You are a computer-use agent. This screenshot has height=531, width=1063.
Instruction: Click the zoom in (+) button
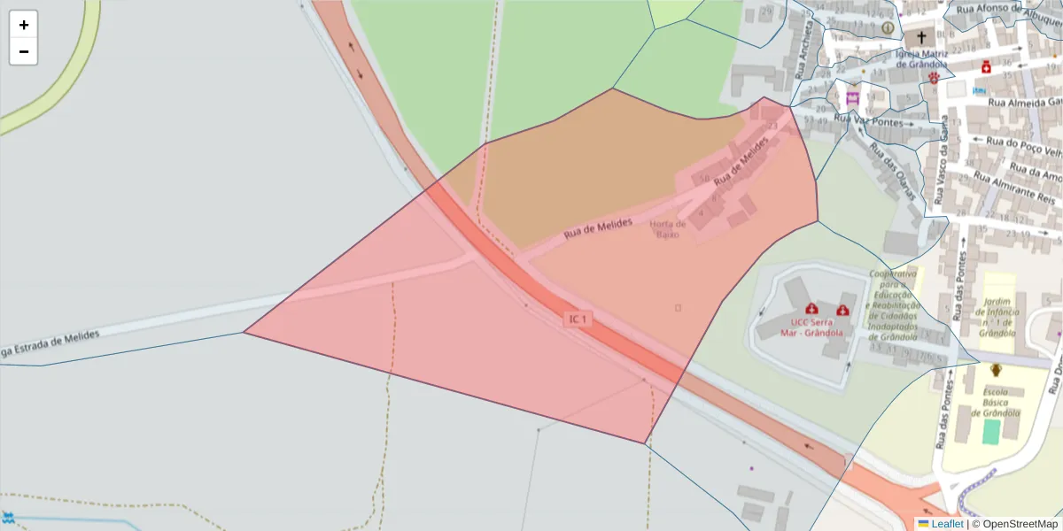(24, 25)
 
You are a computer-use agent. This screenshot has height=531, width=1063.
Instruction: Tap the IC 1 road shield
(578, 319)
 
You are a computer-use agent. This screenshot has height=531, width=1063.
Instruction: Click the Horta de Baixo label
(668, 229)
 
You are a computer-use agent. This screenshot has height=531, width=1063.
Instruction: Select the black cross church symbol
(921, 38)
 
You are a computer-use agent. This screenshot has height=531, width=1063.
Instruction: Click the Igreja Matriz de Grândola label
(922, 58)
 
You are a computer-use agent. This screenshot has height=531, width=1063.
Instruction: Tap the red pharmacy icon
(985, 66)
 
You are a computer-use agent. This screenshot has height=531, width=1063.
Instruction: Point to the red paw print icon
(934, 78)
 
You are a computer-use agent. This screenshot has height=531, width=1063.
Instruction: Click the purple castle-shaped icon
(853, 97)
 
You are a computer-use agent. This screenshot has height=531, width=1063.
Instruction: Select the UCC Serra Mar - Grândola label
(799, 327)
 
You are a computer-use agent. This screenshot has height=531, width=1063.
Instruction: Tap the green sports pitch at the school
(991, 432)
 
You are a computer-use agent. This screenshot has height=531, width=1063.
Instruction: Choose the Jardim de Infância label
(998, 318)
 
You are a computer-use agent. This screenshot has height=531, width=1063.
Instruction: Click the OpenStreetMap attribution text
(1020, 524)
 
